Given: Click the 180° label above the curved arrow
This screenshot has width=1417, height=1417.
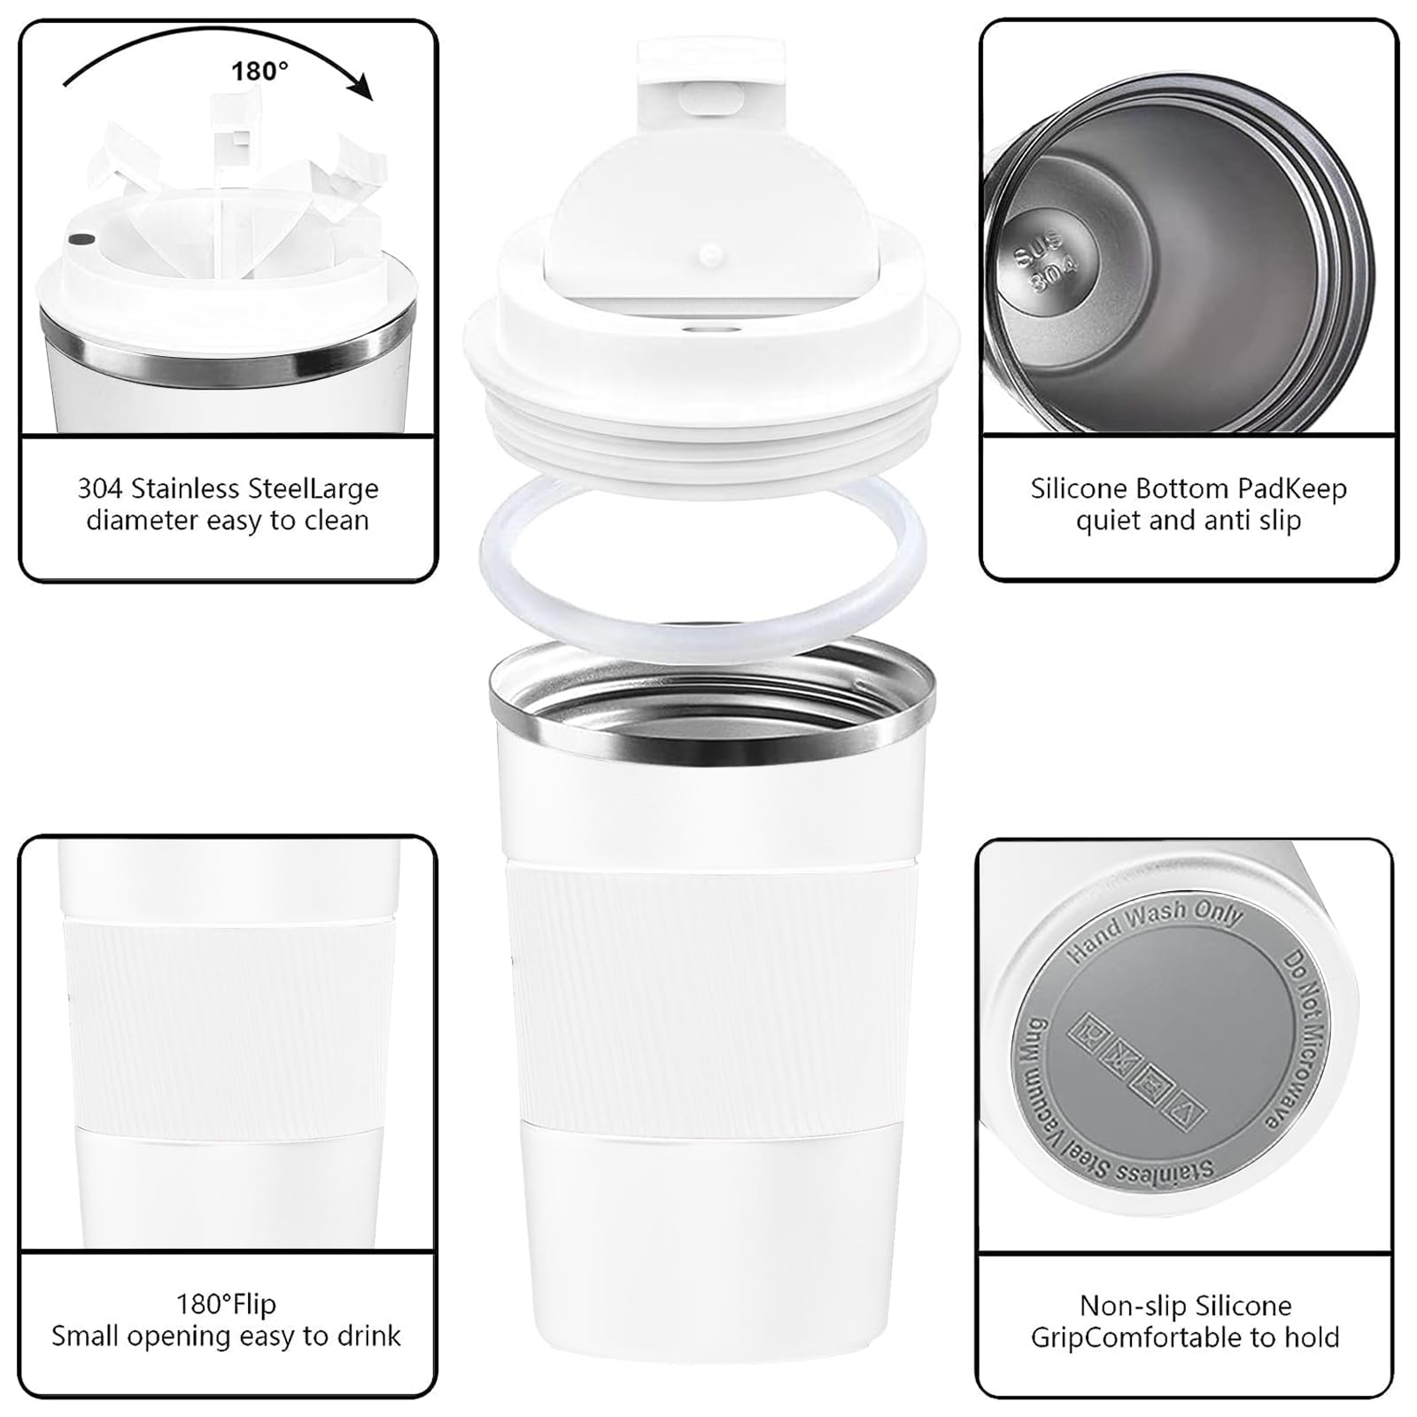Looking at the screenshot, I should pyautogui.click(x=259, y=71).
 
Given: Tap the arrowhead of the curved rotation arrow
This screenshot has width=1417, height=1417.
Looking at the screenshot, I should pyautogui.click(x=360, y=89).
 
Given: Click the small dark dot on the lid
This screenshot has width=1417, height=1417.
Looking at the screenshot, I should pyautogui.click(x=82, y=239).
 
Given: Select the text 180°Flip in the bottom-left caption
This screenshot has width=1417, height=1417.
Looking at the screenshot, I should pyautogui.click(x=226, y=1305).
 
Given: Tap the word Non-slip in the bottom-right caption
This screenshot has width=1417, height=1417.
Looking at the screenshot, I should pyautogui.click(x=1133, y=1305).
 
